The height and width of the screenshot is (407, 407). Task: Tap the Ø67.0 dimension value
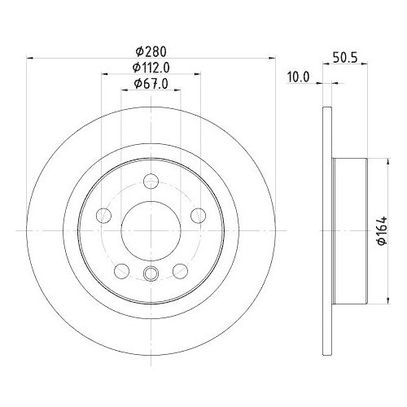[x=151, y=84]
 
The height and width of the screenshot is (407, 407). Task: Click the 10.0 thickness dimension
[x=300, y=77]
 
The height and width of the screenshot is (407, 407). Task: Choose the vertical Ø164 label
[x=382, y=232]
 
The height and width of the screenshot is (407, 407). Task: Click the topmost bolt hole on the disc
[x=151, y=182]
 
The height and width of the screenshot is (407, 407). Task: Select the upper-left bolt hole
[x=104, y=216]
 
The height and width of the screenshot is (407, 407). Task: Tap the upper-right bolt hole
[x=199, y=216]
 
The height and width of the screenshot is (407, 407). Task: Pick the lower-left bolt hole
[x=122, y=270]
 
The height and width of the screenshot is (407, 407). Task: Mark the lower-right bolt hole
[x=181, y=270]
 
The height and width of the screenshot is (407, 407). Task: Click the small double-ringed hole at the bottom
[x=151, y=274]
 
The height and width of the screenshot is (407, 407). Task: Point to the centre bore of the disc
[x=151, y=231]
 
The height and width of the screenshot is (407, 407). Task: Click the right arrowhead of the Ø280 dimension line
[x=272, y=58]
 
